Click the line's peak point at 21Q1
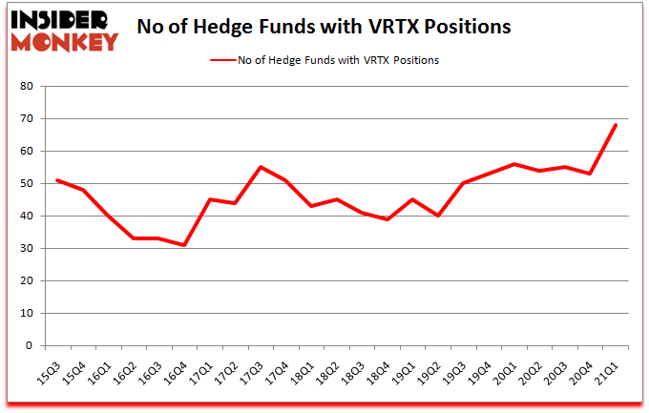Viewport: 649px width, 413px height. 616,125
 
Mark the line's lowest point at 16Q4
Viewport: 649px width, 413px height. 185,245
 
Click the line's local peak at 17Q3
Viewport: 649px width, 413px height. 262,167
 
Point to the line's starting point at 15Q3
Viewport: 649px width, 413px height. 58,180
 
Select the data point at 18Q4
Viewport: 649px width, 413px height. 387,219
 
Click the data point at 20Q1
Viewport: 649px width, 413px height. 514,164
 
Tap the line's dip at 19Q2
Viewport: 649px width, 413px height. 438,216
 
